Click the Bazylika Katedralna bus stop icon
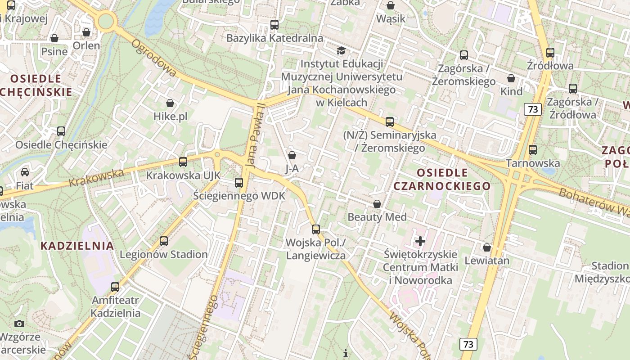pos(274,25)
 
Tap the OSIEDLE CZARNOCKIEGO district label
pos(442,179)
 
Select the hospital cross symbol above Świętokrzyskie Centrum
pos(420,241)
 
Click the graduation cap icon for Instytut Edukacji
pos(342,50)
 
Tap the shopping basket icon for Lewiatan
pos(487,247)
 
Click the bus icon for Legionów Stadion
pos(164,241)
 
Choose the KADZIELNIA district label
pos(77,246)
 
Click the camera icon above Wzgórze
pos(19,324)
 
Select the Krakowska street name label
pos(97,178)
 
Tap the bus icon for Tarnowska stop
pos(533,150)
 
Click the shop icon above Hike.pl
pos(170,103)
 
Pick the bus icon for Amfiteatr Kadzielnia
pos(115,287)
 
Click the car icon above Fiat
pos(25,172)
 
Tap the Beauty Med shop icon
pos(377,204)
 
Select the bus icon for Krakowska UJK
pos(183,162)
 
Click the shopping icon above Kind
pos(511,79)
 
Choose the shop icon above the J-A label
pos(292,155)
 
